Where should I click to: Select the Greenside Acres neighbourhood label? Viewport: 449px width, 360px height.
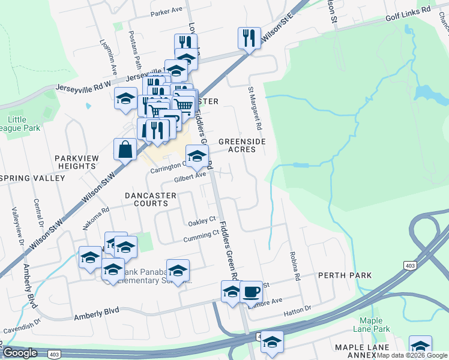click(242, 145)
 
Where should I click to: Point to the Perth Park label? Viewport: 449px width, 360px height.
click(345, 275)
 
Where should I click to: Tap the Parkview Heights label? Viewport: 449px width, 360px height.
click(80, 161)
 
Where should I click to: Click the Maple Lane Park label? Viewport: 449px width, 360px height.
click(375, 325)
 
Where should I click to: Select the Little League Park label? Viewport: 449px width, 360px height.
click(25, 124)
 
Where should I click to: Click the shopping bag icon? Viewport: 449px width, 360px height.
click(125, 149)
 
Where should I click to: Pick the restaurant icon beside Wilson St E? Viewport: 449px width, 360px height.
click(248, 38)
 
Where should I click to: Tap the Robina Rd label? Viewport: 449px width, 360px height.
click(295, 266)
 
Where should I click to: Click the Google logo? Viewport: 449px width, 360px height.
click(19, 353)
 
